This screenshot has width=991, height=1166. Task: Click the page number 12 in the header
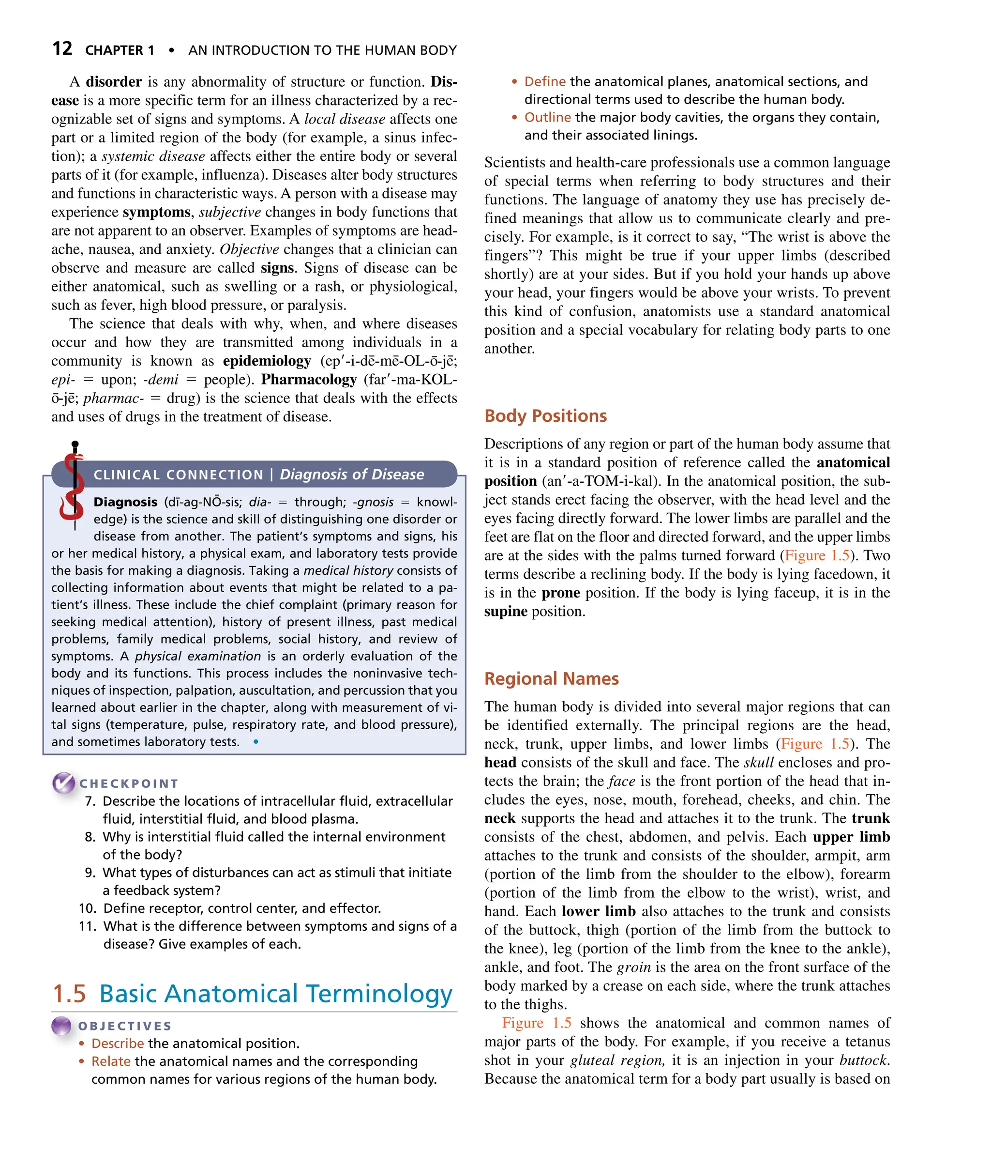62,49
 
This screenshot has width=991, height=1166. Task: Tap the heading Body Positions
545,415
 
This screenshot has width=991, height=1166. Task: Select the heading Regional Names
551,678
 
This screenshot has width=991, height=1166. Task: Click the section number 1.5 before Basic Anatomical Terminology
69,994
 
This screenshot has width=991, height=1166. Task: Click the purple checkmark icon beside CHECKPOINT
63,782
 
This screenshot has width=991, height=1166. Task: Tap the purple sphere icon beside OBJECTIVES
61,1026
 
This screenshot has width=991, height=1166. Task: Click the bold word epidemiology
267,361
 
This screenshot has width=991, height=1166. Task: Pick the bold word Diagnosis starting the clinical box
125,502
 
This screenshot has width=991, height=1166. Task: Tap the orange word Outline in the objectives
547,118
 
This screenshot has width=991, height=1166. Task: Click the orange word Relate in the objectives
111,1061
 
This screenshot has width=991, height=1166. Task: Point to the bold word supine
506,611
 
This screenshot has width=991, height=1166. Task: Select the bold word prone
561,593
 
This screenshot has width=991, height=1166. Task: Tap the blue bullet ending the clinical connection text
256,741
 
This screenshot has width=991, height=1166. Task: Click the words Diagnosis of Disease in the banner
352,475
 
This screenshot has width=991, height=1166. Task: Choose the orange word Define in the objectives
544,81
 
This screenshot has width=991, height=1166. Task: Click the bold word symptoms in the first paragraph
157,212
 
